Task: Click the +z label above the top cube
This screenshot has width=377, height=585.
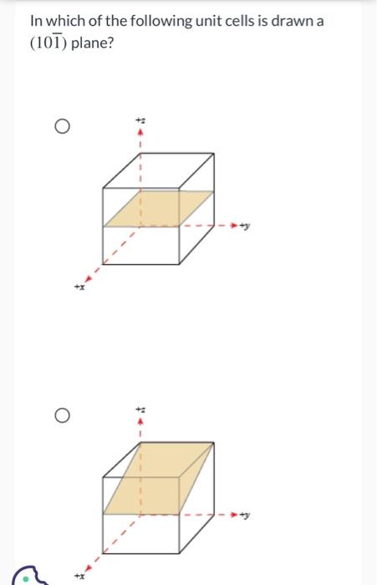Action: tap(140, 120)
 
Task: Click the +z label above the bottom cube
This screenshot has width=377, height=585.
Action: tap(140, 409)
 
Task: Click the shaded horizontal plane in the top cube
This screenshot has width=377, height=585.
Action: tap(159, 209)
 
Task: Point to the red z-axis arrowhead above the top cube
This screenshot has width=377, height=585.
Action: tap(140, 132)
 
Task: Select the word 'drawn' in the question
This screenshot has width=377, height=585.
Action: tap(288, 20)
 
